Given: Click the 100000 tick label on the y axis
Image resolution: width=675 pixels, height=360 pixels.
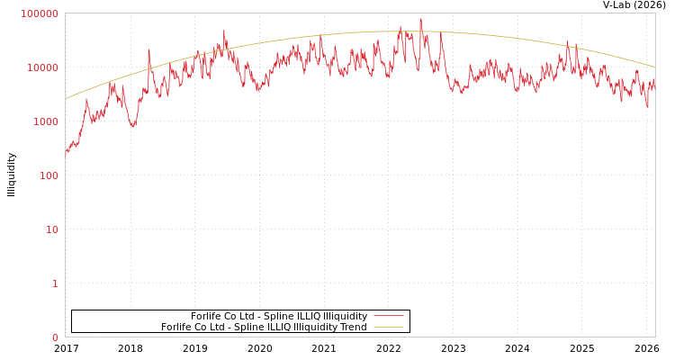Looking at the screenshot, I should (40, 13).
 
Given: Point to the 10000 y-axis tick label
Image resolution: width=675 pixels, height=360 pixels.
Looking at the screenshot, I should (42, 67).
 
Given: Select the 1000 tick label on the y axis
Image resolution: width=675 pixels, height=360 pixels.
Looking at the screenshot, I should (45, 121).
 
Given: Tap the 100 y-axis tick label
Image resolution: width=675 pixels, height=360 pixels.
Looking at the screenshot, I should (48, 175).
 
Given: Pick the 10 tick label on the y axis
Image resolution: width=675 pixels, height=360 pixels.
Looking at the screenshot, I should (51, 229).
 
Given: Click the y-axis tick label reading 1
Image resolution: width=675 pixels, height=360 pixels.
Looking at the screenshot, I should (55, 283).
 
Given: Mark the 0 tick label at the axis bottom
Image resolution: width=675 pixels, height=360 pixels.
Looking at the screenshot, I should (55, 337).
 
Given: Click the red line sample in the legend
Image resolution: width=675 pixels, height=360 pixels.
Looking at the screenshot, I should (388, 316).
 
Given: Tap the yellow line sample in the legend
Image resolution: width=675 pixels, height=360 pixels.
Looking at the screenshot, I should (388, 327).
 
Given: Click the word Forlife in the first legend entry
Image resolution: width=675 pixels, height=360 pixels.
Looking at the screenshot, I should (207, 316).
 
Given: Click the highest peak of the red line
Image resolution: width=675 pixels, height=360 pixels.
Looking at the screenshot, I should (420, 19).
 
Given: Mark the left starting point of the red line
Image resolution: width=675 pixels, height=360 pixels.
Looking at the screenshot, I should (66, 152).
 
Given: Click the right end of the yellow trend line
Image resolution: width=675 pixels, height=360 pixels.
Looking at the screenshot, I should (654, 67).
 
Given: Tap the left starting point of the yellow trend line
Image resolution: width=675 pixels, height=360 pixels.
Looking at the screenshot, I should (66, 99).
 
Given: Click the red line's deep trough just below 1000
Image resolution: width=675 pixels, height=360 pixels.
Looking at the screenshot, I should (132, 125).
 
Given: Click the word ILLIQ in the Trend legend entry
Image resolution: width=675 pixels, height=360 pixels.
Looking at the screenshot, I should (274, 327).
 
